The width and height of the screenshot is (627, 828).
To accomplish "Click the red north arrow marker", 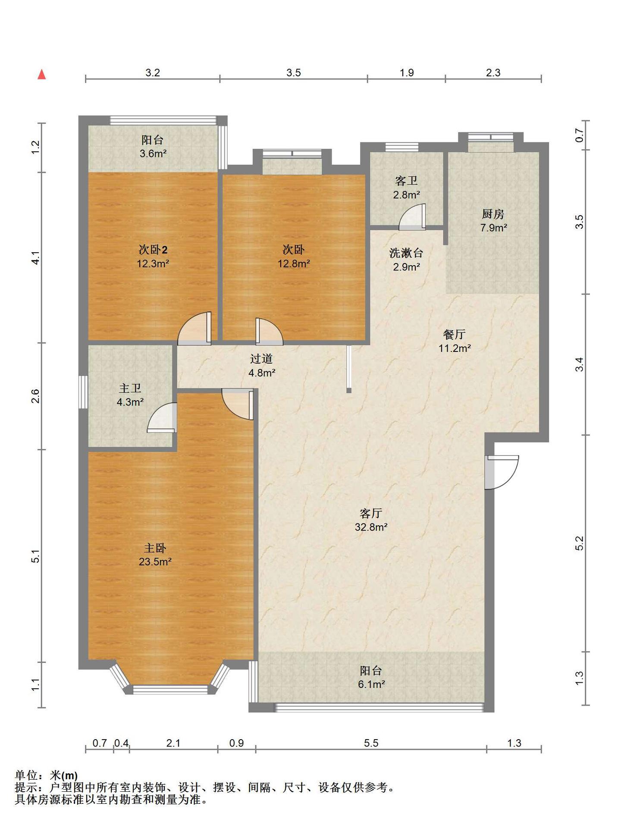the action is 42,75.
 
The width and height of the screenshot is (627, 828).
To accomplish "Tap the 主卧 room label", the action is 155,548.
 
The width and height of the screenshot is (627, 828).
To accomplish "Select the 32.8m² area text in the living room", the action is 371,527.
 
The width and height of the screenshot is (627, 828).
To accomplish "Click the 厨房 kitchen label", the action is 493,214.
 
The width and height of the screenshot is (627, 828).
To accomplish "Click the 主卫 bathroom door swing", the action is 162,417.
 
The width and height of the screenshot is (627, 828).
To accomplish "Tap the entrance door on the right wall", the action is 501,472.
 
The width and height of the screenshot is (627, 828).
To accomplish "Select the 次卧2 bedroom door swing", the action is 194,328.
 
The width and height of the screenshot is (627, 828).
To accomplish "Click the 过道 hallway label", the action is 261,358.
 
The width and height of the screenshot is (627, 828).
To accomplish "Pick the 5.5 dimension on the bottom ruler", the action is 371,743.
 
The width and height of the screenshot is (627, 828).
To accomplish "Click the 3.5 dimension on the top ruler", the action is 294,72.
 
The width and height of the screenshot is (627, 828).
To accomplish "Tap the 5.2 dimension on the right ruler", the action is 579,543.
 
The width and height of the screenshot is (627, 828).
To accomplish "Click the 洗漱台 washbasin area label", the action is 406,253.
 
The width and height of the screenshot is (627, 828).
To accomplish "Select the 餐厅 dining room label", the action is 455,334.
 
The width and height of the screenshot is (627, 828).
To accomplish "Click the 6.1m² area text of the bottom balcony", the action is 371,684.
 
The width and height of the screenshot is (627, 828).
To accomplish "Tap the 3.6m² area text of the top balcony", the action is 153,153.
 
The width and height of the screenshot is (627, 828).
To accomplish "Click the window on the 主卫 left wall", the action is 83,392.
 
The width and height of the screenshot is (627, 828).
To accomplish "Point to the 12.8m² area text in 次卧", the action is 294,263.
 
